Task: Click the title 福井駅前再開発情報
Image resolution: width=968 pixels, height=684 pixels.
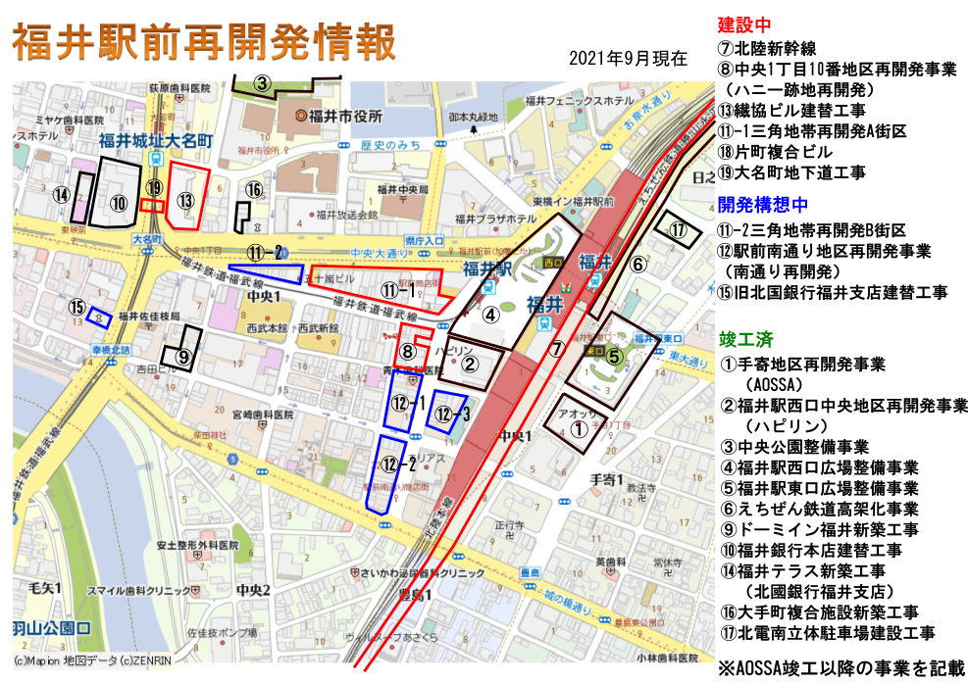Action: (x=204, y=44)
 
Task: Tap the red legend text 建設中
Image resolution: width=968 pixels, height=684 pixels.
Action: (x=744, y=25)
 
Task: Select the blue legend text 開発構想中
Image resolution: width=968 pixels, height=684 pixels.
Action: (x=763, y=205)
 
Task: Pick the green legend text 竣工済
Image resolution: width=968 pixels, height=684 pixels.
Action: (x=746, y=340)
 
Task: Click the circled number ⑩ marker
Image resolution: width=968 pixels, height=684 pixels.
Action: (x=119, y=204)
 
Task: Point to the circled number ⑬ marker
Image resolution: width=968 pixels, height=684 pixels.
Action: (x=186, y=200)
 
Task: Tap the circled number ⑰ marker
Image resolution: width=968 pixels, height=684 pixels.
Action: (x=678, y=230)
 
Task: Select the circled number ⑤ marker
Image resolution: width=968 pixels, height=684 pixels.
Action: (x=614, y=357)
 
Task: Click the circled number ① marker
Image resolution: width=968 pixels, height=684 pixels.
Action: (x=579, y=428)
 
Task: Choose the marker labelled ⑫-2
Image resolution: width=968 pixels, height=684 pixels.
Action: (x=398, y=464)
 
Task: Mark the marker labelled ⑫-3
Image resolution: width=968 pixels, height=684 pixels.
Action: (x=452, y=414)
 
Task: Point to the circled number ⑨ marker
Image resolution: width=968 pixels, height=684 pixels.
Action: (x=183, y=357)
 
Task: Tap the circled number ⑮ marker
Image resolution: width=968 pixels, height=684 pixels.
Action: (x=77, y=307)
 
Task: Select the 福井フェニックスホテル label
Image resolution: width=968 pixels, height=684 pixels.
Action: (x=580, y=101)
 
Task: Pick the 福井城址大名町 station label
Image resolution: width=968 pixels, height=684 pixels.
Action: (x=156, y=141)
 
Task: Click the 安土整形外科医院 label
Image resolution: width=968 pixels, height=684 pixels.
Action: (x=197, y=545)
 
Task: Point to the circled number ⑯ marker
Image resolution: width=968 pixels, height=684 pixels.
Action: (x=254, y=190)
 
